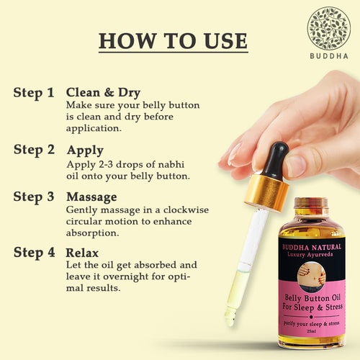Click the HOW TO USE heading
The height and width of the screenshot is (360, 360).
coord(173,41)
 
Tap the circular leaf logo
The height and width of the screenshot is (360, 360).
coord(329,27)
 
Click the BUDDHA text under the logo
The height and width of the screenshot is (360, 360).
coord(329,56)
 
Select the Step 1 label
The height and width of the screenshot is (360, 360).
coord(34,93)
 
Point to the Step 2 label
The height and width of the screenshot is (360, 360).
coord(34,150)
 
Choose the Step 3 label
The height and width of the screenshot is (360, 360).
coord(34,197)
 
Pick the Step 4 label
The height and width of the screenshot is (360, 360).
coord(34,253)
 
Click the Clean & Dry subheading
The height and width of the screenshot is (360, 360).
coord(103,93)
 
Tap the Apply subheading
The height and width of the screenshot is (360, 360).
coord(85,151)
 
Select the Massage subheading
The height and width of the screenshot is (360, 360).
coord(91,198)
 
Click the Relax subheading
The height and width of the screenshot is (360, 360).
coord(82,253)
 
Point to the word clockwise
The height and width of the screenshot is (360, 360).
coord(186,210)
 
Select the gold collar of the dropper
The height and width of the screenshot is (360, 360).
coord(266,192)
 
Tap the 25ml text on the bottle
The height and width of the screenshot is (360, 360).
coord(311,332)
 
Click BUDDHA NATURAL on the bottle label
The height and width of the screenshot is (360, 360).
coord(312,247)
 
